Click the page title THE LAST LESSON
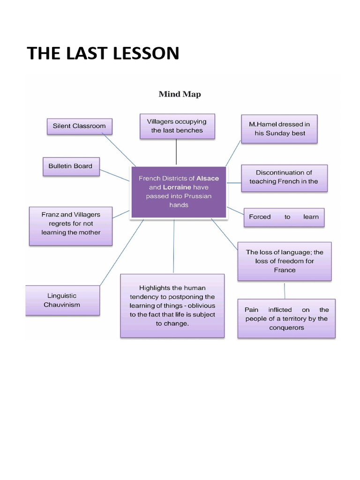pyautogui.click(x=103, y=53)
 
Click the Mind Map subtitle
pyautogui.click(x=180, y=94)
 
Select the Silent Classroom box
pyautogui.click(x=79, y=126)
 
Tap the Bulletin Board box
pyautogui.click(x=71, y=166)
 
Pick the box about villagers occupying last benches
pyautogui.click(x=177, y=126)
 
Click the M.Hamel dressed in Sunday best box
pyautogui.click(x=279, y=128)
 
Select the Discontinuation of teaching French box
pyautogui.click(x=284, y=177)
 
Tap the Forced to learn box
pyautogui.click(x=284, y=217)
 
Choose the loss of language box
pyautogui.click(x=285, y=261)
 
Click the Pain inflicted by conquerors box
pyautogui.click(x=286, y=319)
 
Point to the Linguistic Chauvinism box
pyautogui.click(x=62, y=300)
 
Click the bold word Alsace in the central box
pyautogui.click(x=207, y=179)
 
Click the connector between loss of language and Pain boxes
pyautogui.click(x=285, y=290)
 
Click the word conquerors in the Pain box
pyautogui.click(x=286, y=328)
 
